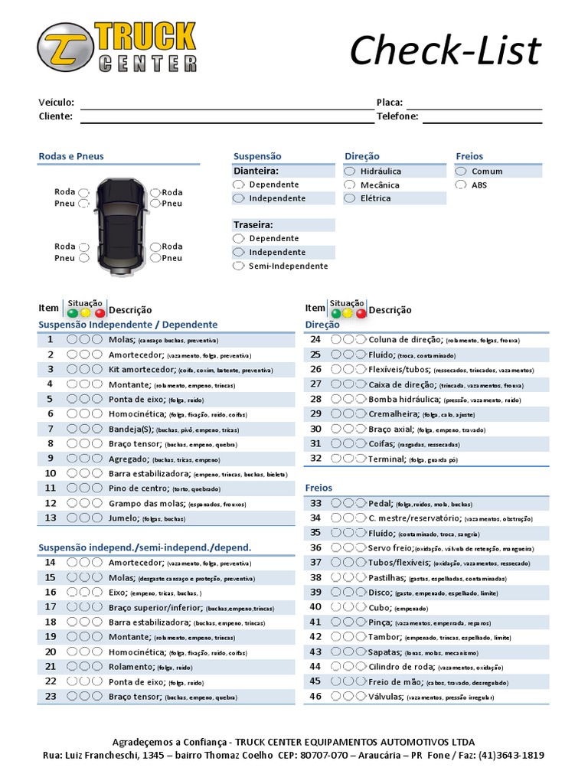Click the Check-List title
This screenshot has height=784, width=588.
tap(445, 51)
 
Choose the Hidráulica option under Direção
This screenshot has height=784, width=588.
tap(350, 171)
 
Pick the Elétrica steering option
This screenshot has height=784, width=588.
tap(350, 198)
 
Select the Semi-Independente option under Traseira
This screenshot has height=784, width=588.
tap(239, 266)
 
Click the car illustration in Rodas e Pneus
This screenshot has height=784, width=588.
tap(119, 224)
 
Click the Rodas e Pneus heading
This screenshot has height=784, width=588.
tap(71, 156)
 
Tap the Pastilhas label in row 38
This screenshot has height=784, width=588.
tap(387, 578)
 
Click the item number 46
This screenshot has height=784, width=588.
tap(315, 696)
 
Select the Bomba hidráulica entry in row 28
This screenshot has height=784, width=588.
tap(404, 399)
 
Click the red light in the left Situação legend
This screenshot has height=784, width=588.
tap(100, 312)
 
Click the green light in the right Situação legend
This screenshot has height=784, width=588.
tap(335, 313)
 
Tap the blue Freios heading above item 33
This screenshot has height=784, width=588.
tap(318, 487)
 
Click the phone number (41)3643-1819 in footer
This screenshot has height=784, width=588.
tap(511, 755)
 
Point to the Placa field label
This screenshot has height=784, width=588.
tap(389, 103)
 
